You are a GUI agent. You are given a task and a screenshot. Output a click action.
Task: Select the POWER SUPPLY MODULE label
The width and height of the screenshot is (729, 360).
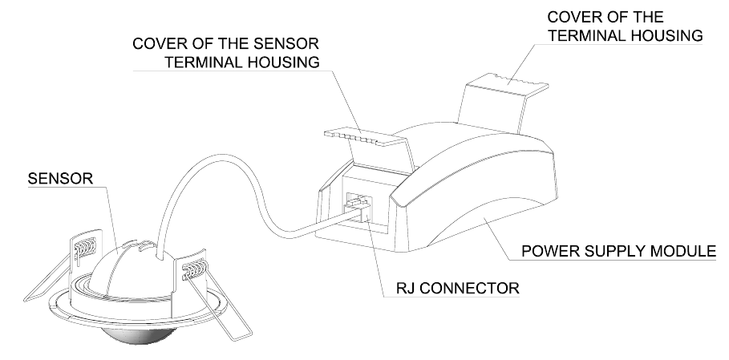coord(618,251)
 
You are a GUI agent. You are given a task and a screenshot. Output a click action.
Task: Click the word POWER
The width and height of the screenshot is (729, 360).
coord(549,251)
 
